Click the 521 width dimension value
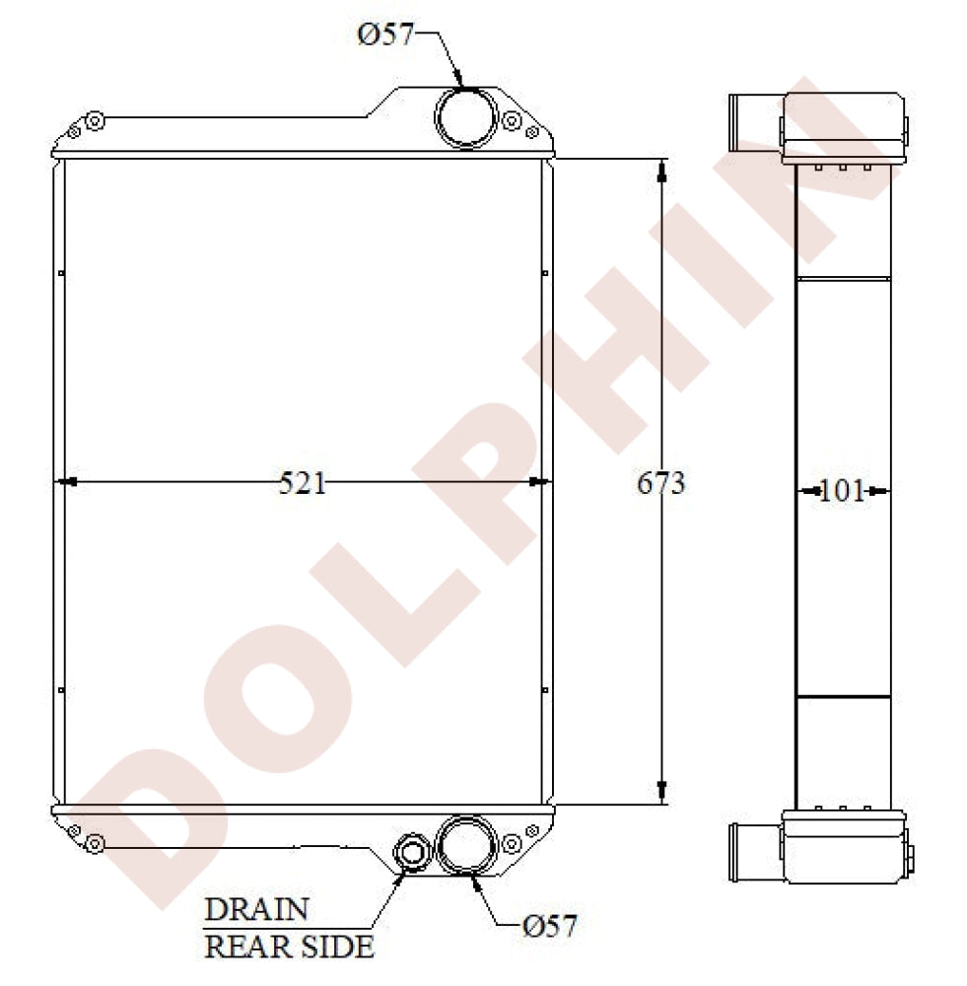[303, 483]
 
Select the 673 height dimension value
[660, 483]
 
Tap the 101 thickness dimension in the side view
[842, 490]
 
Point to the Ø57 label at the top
[385, 34]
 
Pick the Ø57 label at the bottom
[549, 926]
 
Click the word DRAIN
[256, 909]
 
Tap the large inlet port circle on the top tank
[466, 118]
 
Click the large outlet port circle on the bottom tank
[466, 845]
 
